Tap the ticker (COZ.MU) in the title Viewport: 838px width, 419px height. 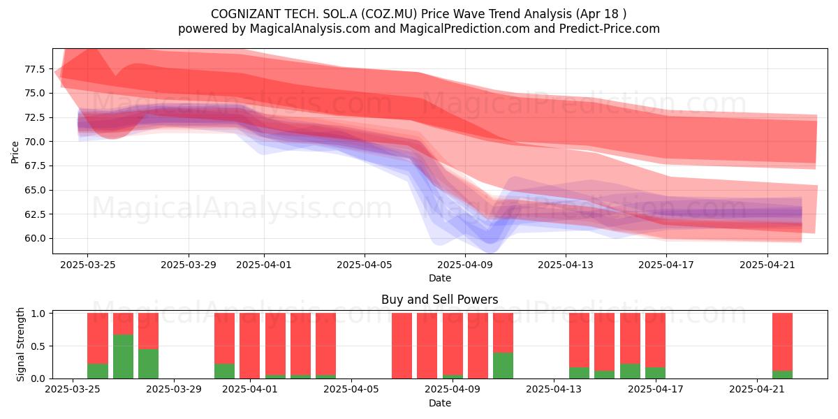click(x=389, y=14)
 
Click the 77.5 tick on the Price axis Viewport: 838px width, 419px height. click(x=34, y=69)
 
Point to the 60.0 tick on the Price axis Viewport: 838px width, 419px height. click(x=34, y=238)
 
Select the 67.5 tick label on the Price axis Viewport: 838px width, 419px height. click(x=34, y=166)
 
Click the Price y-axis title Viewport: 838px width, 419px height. click(x=15, y=152)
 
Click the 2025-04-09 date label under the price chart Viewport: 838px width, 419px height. click(x=465, y=265)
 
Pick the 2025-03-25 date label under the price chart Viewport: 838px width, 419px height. click(x=87, y=265)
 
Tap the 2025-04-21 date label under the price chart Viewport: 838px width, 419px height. click(x=767, y=265)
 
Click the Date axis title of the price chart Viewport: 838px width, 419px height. click(x=440, y=279)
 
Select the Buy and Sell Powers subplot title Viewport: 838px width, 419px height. click(x=439, y=300)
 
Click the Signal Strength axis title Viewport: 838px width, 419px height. click(x=20, y=344)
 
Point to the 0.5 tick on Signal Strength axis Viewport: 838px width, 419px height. click(x=39, y=346)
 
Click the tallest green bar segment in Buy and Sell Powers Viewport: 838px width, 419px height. click(x=123, y=357)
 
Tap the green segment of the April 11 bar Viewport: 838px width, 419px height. click(x=503, y=365)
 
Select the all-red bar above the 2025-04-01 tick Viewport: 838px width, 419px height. click(x=249, y=346)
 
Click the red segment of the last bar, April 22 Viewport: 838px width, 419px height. click(x=782, y=342)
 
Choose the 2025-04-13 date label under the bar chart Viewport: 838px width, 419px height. click(x=554, y=390)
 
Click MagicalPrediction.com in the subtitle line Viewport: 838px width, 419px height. click(x=464, y=29)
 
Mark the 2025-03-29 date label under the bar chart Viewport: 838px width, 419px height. click(x=174, y=390)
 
